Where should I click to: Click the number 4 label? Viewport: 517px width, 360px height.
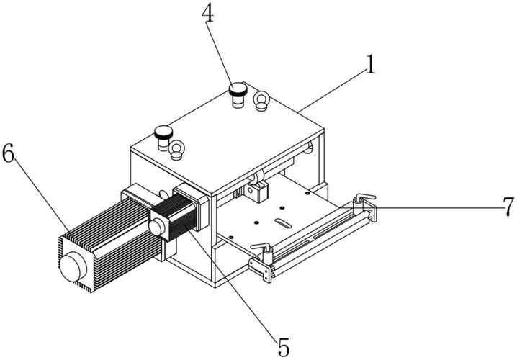click(207, 13)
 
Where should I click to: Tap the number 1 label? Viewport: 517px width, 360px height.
click(371, 64)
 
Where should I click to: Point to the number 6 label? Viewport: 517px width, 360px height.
click(8, 153)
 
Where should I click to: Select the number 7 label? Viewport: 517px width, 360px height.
click(509, 207)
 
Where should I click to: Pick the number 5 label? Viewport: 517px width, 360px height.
click(283, 347)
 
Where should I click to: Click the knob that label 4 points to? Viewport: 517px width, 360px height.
click(238, 94)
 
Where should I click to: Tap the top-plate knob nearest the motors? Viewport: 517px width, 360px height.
click(163, 137)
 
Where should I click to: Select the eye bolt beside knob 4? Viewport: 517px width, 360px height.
click(261, 101)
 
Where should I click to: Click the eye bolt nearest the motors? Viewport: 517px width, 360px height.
click(176, 150)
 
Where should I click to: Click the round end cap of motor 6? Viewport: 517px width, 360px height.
click(73, 266)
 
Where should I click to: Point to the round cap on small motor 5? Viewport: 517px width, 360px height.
click(157, 227)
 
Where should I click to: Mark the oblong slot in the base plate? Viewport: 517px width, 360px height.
click(283, 223)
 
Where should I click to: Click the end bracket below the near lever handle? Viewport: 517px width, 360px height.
click(261, 270)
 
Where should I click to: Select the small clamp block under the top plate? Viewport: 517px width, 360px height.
click(257, 192)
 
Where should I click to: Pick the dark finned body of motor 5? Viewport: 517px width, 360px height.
click(181, 217)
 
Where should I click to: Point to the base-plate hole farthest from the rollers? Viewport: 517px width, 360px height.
click(307, 193)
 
